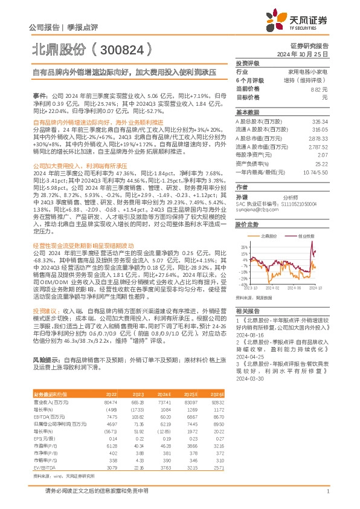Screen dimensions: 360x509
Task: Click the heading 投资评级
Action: (x=247, y=63)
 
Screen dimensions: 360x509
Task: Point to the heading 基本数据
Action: (x=247, y=112)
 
